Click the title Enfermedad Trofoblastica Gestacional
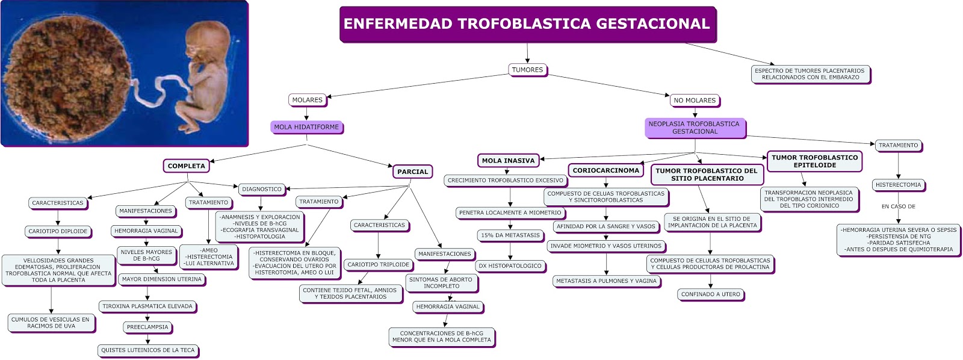[527, 24]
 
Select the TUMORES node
[527, 70]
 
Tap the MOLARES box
[307, 100]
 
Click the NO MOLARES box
[695, 101]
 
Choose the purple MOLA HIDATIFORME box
[306, 127]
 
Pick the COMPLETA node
[186, 166]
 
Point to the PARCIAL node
[412, 172]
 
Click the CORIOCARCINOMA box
[605, 170]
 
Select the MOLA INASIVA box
[508, 161]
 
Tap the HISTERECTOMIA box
[898, 185]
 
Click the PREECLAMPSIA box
[147, 327]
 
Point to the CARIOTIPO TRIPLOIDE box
[378, 264]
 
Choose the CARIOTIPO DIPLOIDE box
[58, 231]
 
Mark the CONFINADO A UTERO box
[710, 294]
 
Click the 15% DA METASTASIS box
[510, 235]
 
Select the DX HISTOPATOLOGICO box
[510, 265]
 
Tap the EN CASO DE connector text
[898, 206]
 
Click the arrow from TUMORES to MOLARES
[415, 85]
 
